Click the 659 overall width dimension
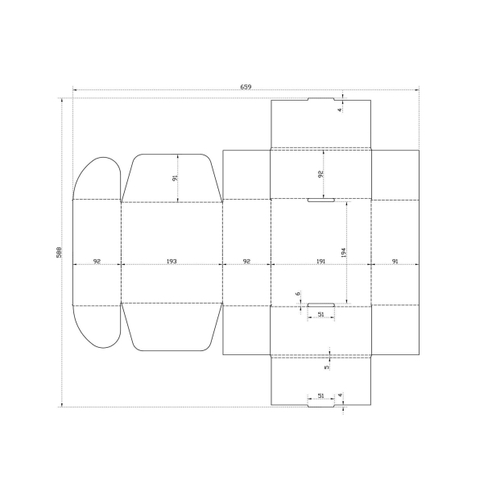pos(246,87)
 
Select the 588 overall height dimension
pos(59,252)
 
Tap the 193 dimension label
pos(172,261)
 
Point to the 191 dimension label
pos(320,261)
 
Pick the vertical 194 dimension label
pos(343,253)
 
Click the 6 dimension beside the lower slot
pos(298,294)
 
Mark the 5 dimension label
pos(327,367)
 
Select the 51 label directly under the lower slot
pos(321,314)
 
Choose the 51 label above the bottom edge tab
pos(321,395)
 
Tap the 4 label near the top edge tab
pos(339,110)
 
